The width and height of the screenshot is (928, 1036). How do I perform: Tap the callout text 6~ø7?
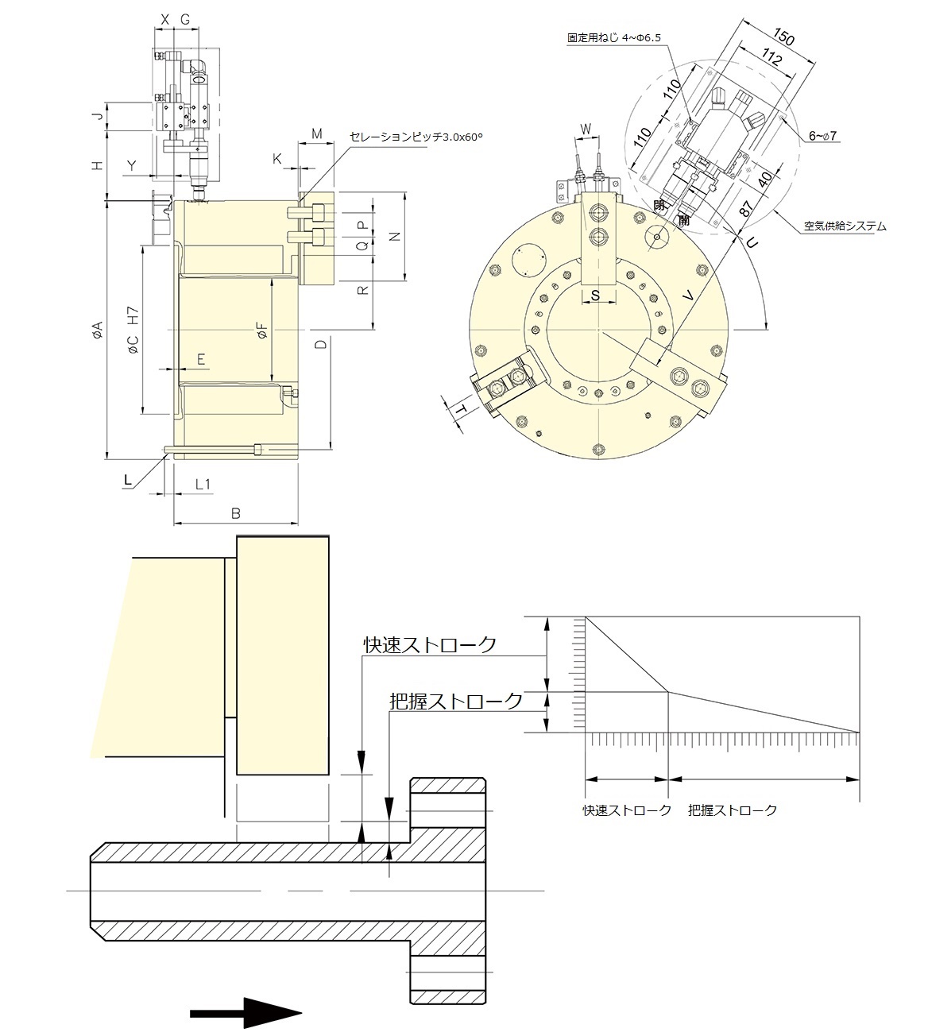pos(823,137)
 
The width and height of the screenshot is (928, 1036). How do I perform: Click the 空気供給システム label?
pos(844,226)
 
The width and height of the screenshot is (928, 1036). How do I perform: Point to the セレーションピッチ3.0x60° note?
pos(416,137)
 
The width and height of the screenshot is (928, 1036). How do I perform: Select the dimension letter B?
pos(236,513)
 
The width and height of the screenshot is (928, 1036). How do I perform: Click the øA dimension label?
pos(96,330)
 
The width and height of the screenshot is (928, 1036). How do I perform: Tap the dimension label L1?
pos(203,484)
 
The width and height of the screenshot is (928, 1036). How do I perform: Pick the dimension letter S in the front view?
pos(597,295)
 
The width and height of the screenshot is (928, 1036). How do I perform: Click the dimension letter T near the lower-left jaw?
pos(460,410)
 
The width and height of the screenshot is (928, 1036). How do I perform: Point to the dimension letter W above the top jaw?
pos(586,129)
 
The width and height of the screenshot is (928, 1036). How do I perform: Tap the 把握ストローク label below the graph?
pos(733,810)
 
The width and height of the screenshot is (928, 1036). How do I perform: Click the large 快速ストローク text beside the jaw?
pos(430,644)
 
